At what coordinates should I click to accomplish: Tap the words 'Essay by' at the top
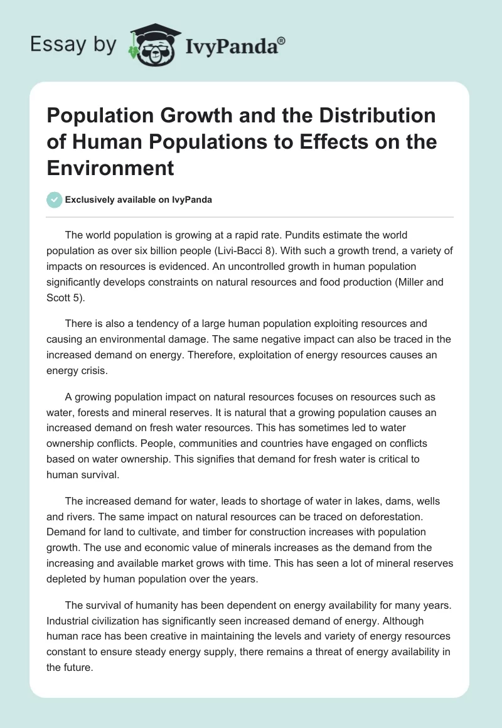point(73,45)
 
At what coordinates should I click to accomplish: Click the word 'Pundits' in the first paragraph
point(284,235)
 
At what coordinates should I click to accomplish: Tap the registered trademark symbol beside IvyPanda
point(282,40)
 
